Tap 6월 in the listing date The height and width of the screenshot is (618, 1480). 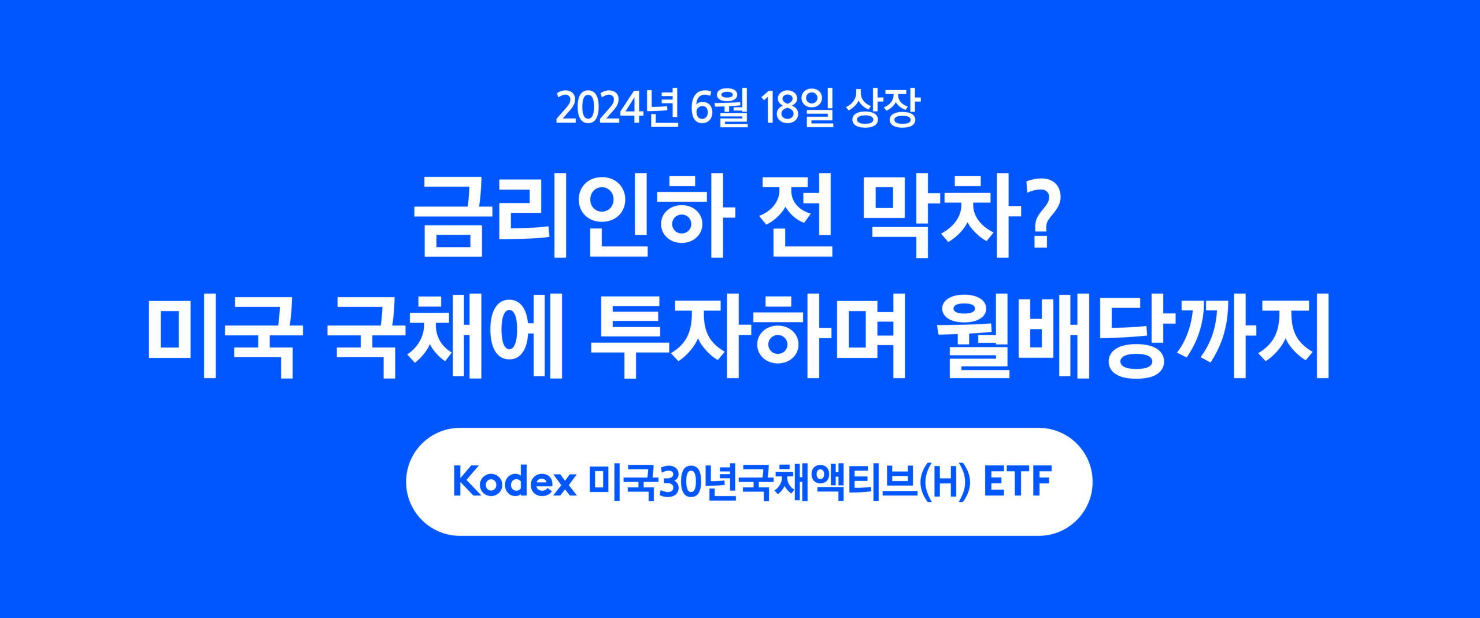pyautogui.click(x=719, y=108)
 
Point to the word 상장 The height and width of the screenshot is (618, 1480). pyautogui.click(x=882, y=108)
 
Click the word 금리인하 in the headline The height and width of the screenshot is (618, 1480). pyautogui.click(x=574, y=216)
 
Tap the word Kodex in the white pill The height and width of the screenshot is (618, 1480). pyautogui.click(x=515, y=482)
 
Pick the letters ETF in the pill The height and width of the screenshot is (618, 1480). pyautogui.click(x=1017, y=482)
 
